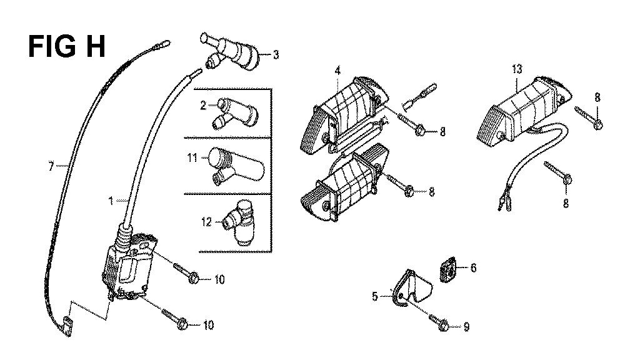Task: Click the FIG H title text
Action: click(x=67, y=47)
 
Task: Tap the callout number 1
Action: click(x=111, y=201)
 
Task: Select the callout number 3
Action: click(x=276, y=54)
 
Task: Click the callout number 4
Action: click(x=338, y=71)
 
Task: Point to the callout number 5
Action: click(x=374, y=296)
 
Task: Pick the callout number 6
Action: click(x=473, y=267)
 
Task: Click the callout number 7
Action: click(x=51, y=166)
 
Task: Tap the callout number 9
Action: click(x=466, y=327)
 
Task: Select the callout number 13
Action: click(x=517, y=69)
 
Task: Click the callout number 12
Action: click(x=206, y=221)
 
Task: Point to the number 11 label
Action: click(x=192, y=158)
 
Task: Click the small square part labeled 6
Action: click(x=448, y=269)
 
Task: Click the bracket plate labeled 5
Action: click(x=412, y=288)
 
